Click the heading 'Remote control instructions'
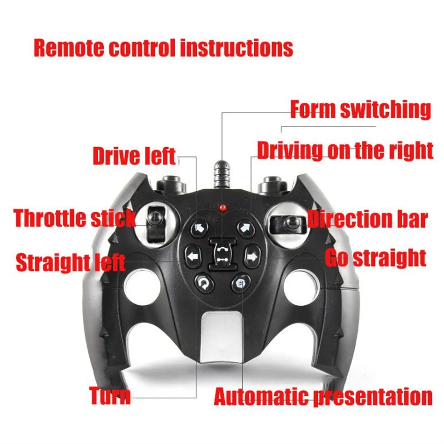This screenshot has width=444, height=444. click(x=163, y=48)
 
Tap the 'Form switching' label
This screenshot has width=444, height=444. click(x=360, y=109)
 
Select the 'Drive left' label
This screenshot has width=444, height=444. click(x=134, y=157)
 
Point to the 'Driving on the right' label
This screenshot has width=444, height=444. click(x=345, y=151)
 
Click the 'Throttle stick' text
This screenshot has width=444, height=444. click(x=75, y=218)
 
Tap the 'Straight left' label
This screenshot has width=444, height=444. click(x=71, y=263)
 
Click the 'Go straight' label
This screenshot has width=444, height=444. click(x=376, y=258)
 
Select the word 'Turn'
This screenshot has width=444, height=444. click(x=110, y=395)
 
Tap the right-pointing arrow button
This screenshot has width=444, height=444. click(x=251, y=256)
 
